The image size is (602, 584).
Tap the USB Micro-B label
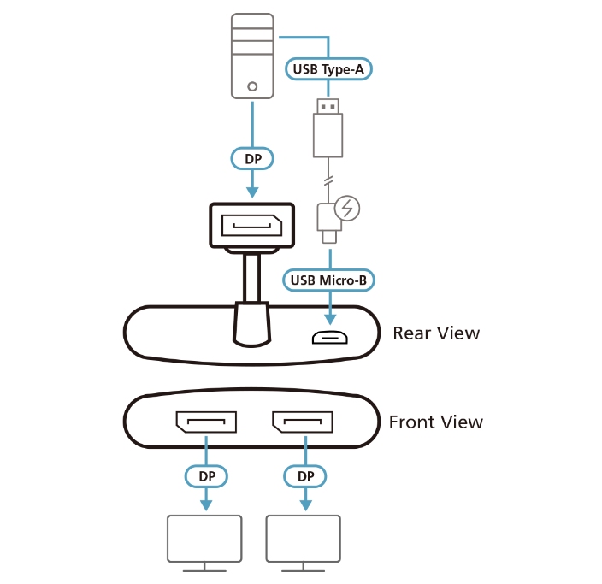click(x=328, y=279)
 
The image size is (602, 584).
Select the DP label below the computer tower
click(x=252, y=157)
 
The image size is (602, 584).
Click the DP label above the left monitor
click(x=206, y=475)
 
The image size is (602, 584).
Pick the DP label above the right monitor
click(x=303, y=475)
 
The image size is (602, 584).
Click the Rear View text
click(x=436, y=333)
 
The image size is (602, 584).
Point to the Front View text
click(x=435, y=422)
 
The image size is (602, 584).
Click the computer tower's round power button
click(x=252, y=86)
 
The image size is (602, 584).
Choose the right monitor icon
click(x=303, y=541)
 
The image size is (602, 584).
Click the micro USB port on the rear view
click(x=328, y=337)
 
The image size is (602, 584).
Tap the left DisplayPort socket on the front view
click(x=206, y=422)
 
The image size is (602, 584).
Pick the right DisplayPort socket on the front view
click(x=303, y=422)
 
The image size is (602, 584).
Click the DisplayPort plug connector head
click(x=251, y=226)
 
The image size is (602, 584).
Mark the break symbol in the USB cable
click(x=328, y=181)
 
